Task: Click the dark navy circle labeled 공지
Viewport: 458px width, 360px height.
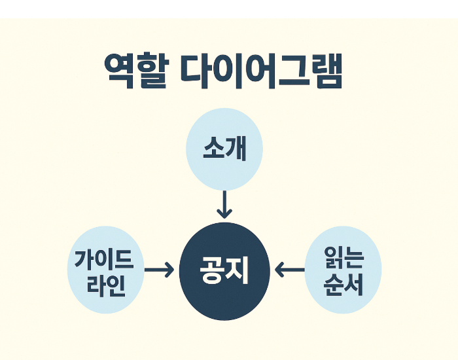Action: [224, 269]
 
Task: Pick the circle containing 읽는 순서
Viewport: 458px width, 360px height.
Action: [343, 270]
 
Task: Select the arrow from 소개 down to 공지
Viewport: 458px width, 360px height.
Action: [224, 204]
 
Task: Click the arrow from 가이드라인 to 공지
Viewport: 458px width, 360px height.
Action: [159, 269]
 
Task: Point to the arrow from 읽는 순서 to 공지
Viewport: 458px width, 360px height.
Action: [290, 269]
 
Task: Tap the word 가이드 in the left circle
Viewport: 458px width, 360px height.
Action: [105, 259]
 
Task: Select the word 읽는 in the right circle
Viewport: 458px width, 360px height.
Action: [343, 258]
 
